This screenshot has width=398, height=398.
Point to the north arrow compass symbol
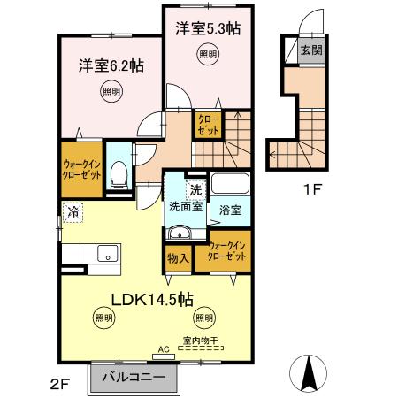[x=309, y=372]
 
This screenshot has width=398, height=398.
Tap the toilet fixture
[x=119, y=178]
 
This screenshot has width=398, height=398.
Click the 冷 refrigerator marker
[x=70, y=211]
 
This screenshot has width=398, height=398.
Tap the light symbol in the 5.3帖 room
[x=207, y=56]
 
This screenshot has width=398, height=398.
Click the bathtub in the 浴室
[x=232, y=188]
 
